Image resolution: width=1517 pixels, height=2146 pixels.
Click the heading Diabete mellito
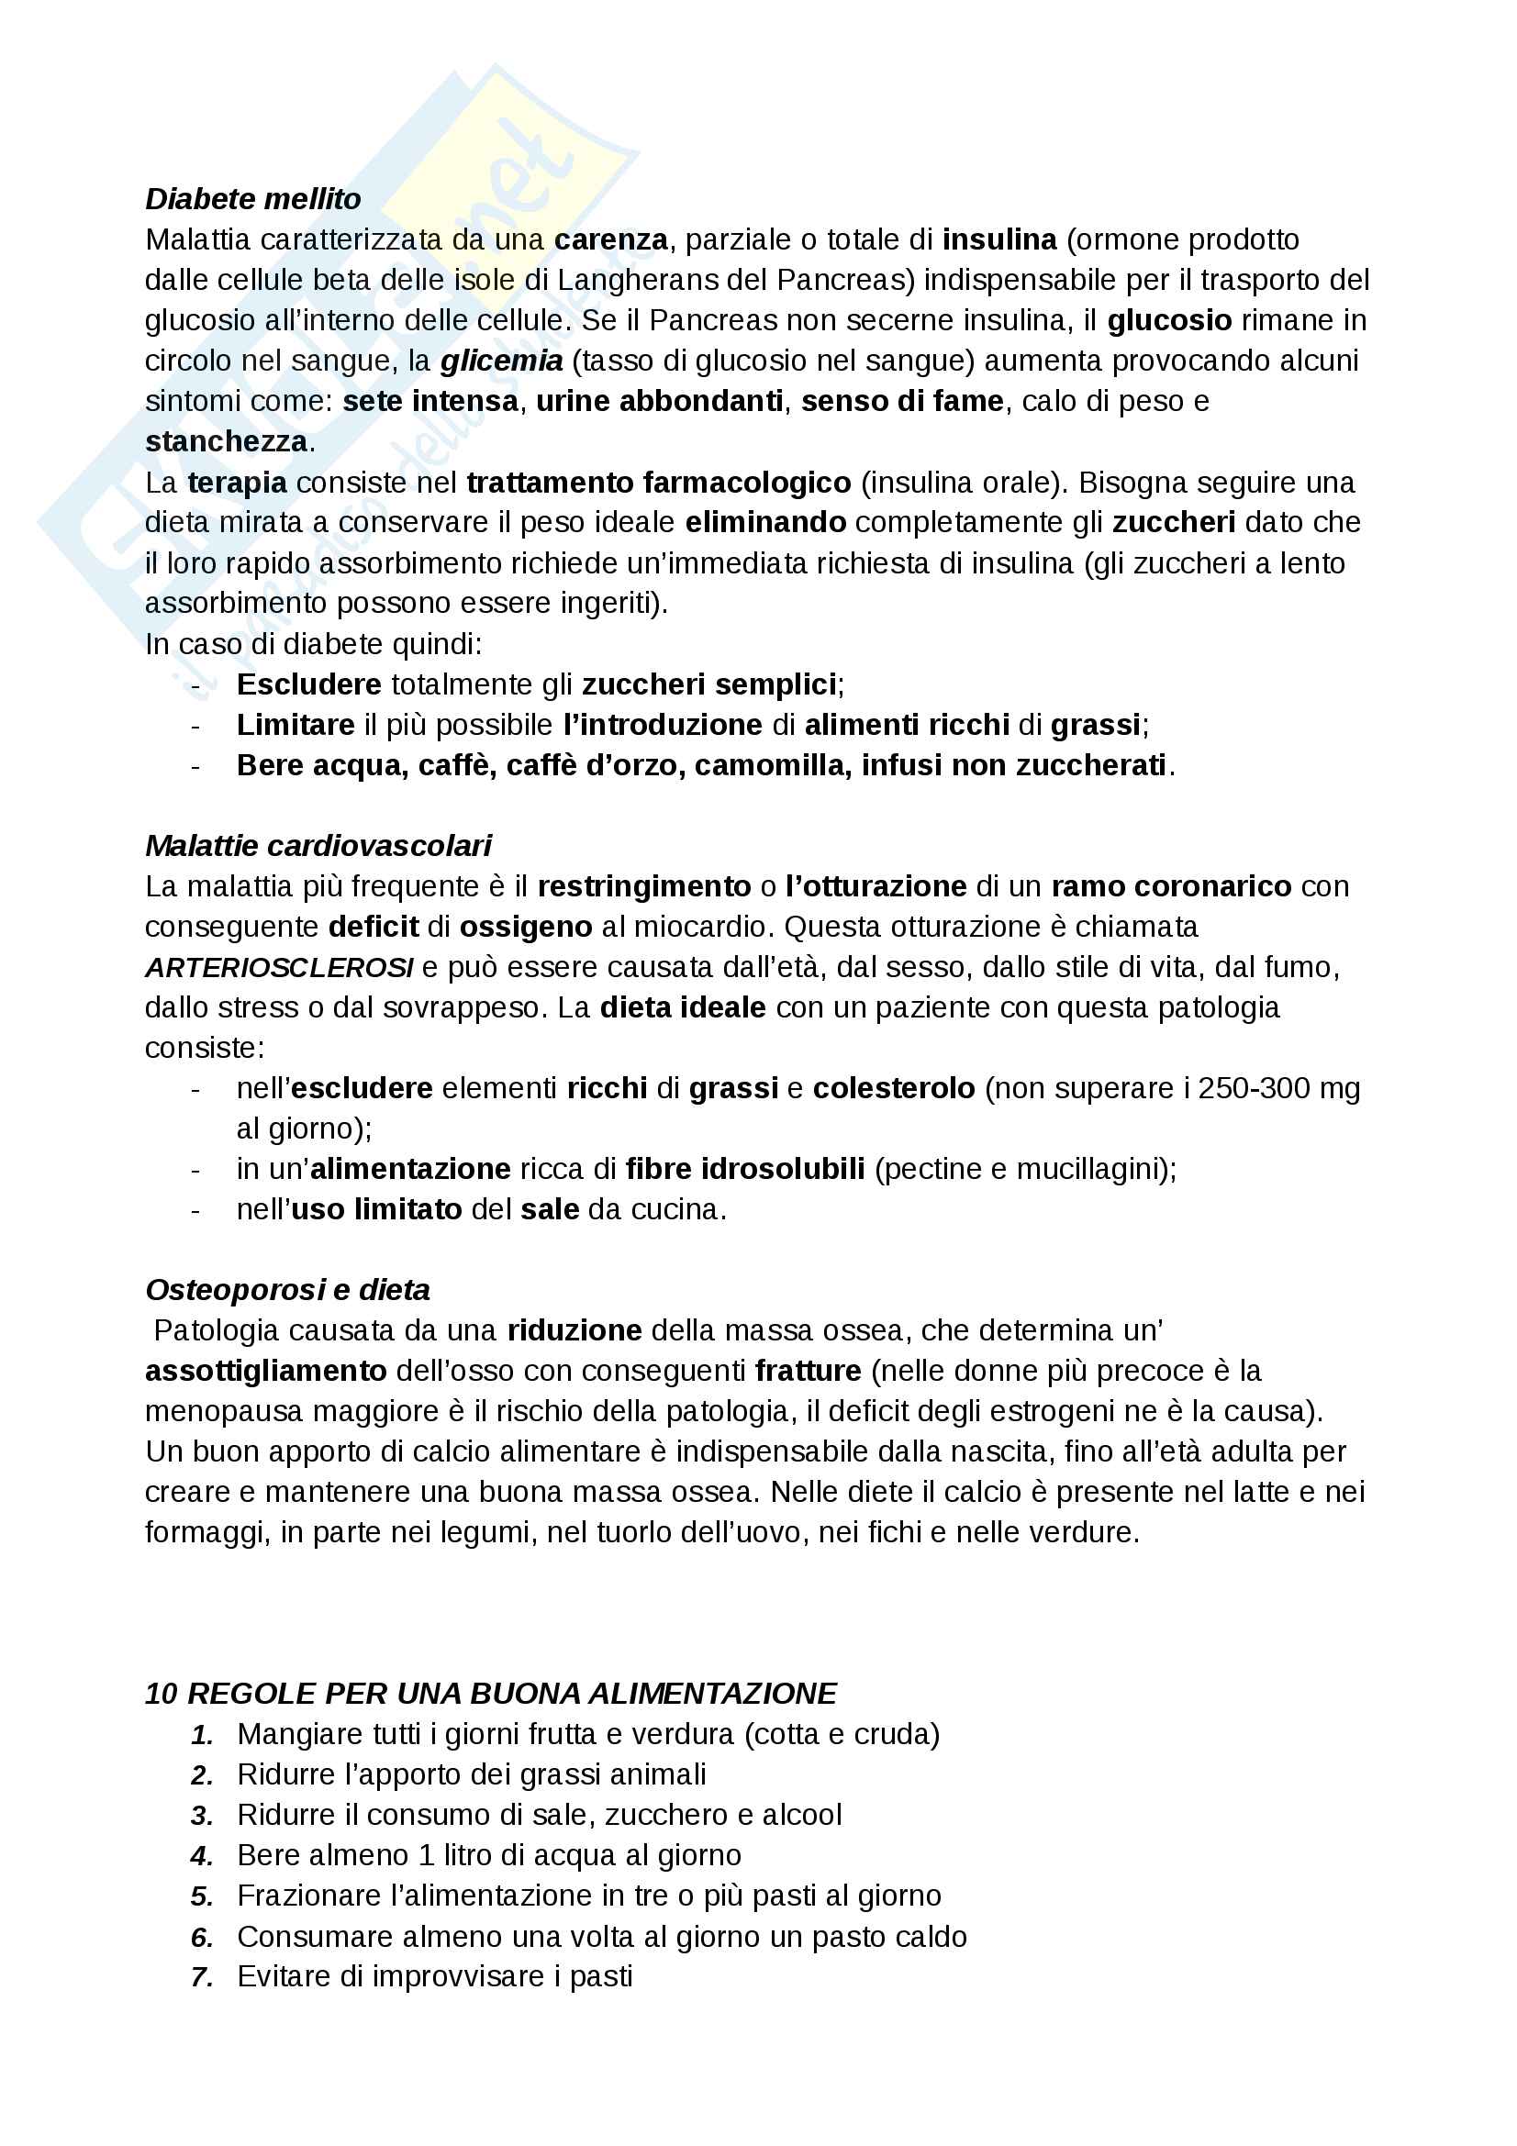coord(252,199)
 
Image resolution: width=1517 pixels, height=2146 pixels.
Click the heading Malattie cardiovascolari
coord(318,846)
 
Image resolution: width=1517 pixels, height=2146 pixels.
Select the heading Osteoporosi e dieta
coord(287,1290)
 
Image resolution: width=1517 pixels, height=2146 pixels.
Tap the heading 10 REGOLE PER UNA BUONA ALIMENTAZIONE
coord(491,1694)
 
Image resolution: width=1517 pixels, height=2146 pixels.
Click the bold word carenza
coord(610,240)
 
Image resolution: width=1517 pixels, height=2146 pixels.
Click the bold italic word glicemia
coord(501,361)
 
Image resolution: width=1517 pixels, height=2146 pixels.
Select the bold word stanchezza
coord(226,442)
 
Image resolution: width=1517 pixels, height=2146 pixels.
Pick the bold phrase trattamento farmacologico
coord(658,484)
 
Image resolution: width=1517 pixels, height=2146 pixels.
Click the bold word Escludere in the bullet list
coord(308,685)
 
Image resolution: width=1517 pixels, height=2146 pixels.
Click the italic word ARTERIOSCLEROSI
coord(279,967)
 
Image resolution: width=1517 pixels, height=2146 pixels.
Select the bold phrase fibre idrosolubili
coord(745,1169)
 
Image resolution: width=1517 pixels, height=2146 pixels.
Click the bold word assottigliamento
coord(265,1371)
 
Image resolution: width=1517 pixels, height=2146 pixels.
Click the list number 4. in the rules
coord(202,1856)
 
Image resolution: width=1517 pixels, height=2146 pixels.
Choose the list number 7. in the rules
coord(202,1978)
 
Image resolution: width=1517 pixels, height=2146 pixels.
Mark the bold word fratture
coord(808,1371)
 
